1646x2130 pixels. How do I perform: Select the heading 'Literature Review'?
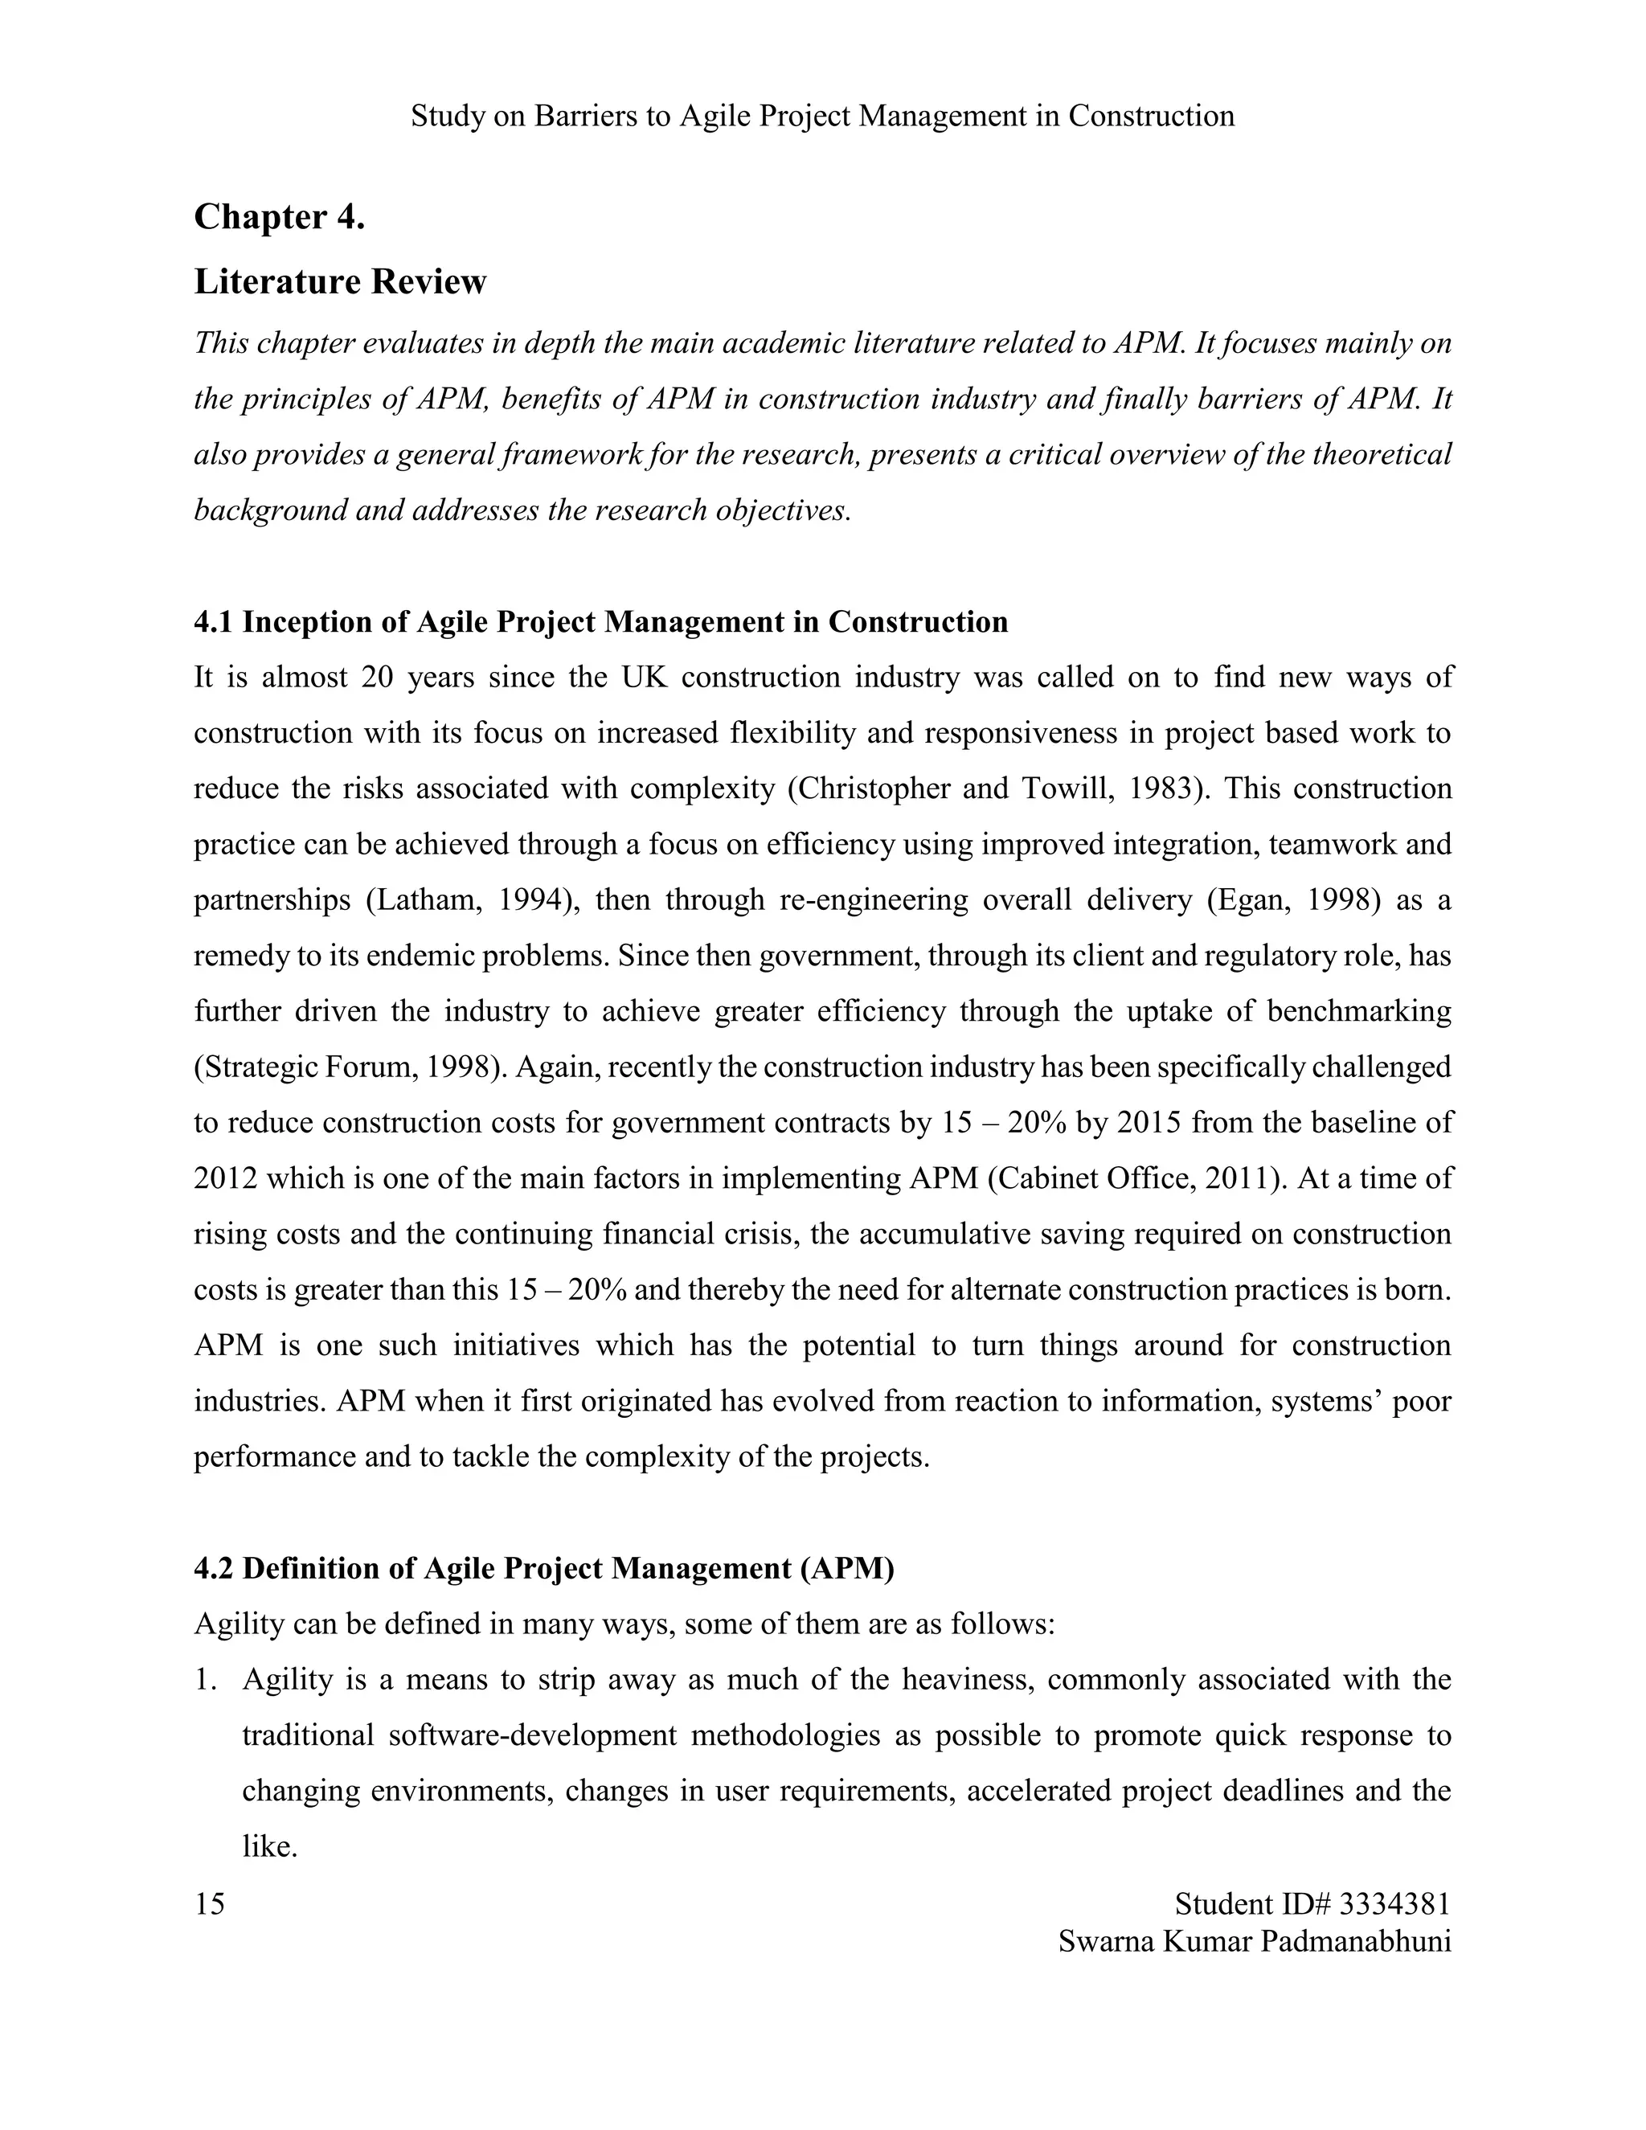(339, 282)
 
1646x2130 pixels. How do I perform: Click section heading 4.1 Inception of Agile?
(600, 621)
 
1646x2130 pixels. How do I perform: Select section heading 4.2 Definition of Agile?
(543, 1568)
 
